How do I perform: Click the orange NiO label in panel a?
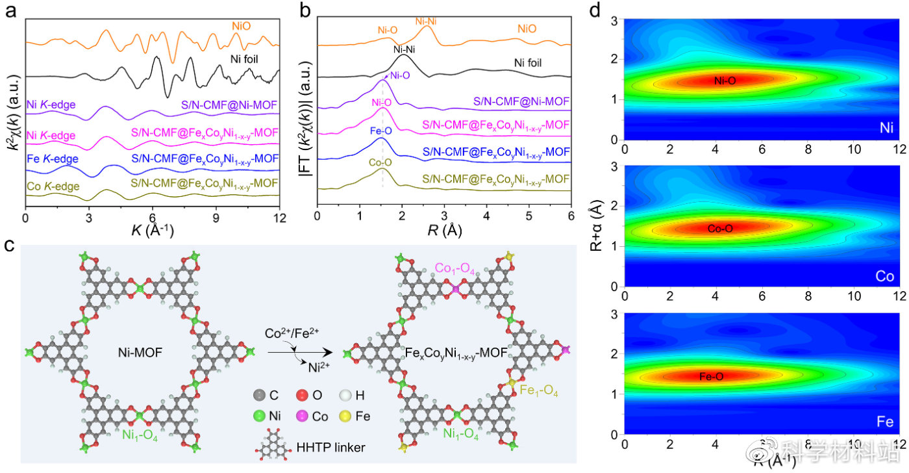coord(241,26)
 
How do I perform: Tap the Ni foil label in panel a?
coord(247,58)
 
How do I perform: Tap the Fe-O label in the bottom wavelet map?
coord(714,376)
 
